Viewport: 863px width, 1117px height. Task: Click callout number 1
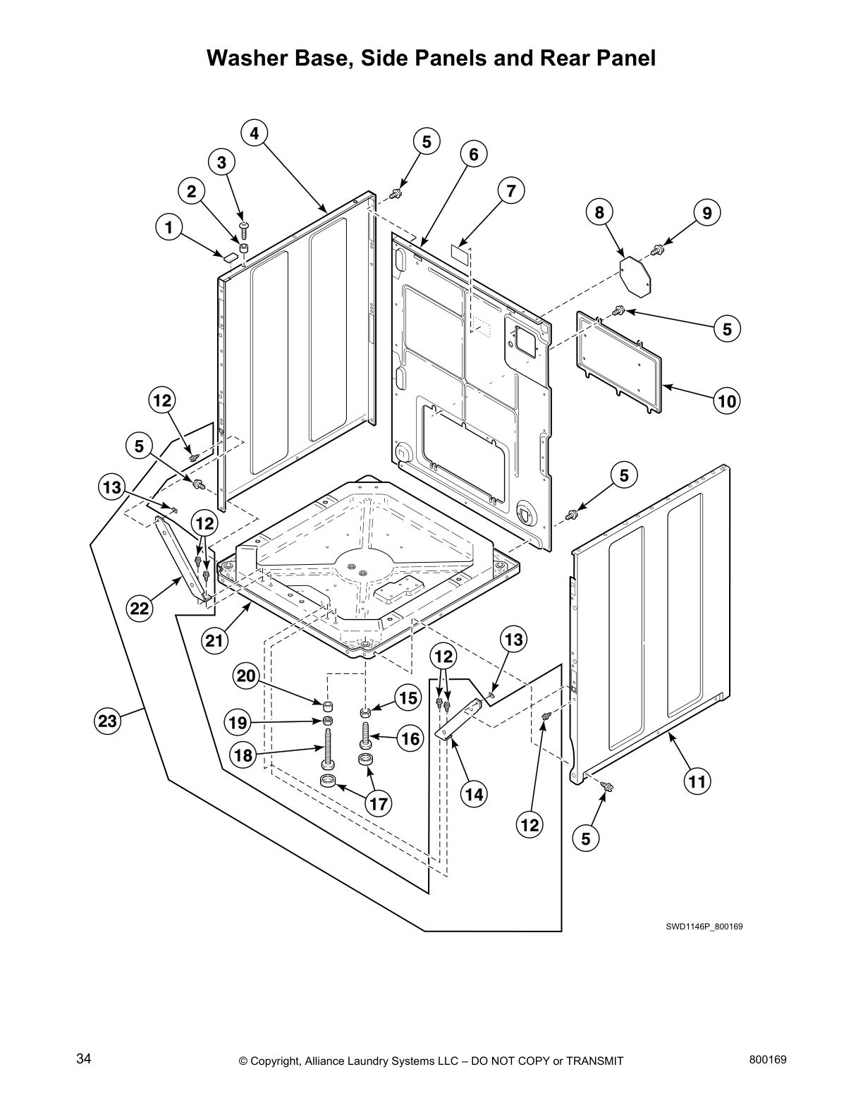[x=168, y=227]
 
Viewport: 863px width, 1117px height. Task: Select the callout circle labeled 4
[x=254, y=133]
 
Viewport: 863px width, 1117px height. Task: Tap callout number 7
[x=511, y=190]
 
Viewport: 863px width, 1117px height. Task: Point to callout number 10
[x=727, y=402]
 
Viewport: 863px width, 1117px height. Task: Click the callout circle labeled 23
[x=107, y=721]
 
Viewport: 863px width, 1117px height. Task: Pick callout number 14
[x=475, y=794]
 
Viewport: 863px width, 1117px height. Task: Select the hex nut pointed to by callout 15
[x=365, y=710]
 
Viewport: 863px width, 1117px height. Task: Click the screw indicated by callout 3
[x=243, y=226]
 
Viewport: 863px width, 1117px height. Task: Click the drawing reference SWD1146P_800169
[x=704, y=926]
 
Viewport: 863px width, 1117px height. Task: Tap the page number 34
[x=84, y=1059]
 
